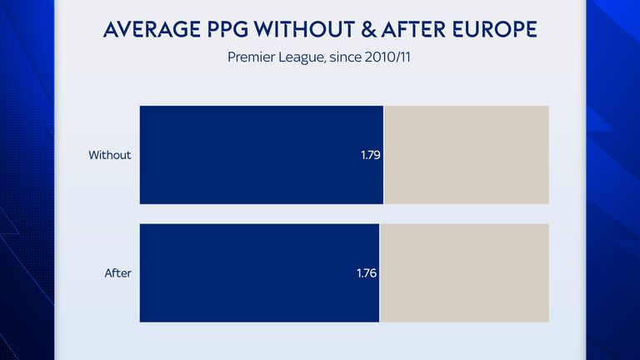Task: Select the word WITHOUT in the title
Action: click(302, 31)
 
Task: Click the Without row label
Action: click(110, 155)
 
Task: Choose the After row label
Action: click(118, 272)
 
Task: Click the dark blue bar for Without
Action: click(250, 155)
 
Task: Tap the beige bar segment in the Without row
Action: click(467, 155)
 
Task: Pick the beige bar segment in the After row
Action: click(465, 272)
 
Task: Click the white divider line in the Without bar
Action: click(383, 155)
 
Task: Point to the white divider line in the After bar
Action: click(379, 272)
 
